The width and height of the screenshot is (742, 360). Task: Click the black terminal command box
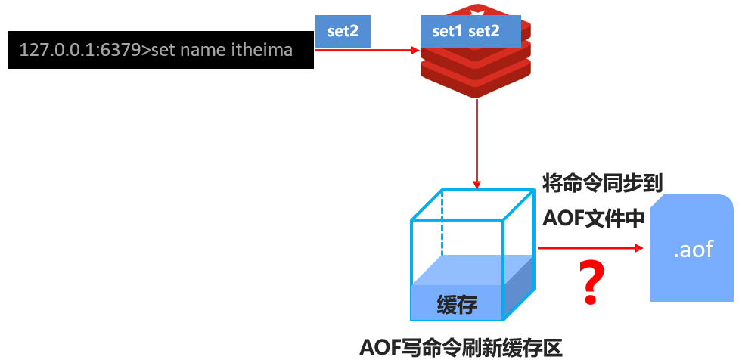coord(160,50)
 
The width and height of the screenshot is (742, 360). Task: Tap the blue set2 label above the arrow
coord(343,31)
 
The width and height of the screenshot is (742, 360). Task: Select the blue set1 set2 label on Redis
coord(465,32)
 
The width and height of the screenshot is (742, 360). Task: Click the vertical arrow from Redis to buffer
coord(477,144)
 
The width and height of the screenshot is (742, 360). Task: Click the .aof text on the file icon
coord(693,249)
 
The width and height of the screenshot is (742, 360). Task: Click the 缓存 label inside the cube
coord(457,305)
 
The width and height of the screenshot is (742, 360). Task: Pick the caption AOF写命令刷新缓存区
coord(461,347)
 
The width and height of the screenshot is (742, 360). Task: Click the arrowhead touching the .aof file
coord(637,247)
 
